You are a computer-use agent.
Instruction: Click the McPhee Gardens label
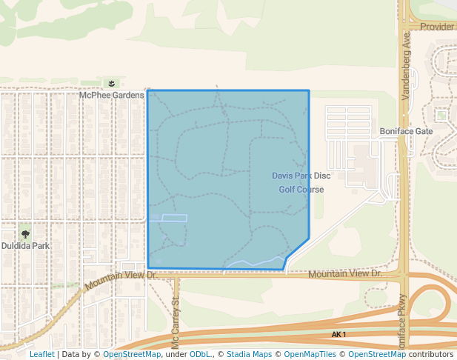pos(112,95)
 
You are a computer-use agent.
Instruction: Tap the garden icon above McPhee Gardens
pos(111,84)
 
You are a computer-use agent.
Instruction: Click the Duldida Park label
pos(25,245)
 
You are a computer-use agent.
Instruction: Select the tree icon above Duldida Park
pos(25,234)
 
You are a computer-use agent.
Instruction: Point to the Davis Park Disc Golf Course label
pos(301,182)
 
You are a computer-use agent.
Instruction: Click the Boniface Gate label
pos(406,131)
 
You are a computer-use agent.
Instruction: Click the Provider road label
pos(437,27)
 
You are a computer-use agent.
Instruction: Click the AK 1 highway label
pos(339,336)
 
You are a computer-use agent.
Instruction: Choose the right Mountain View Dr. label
pos(344,274)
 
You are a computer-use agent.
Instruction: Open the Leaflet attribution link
pos(41,354)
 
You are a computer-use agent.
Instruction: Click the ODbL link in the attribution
pos(201,354)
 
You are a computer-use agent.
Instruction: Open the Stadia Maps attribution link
pos(249,354)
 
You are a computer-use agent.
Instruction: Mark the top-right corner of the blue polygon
pos(308,91)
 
